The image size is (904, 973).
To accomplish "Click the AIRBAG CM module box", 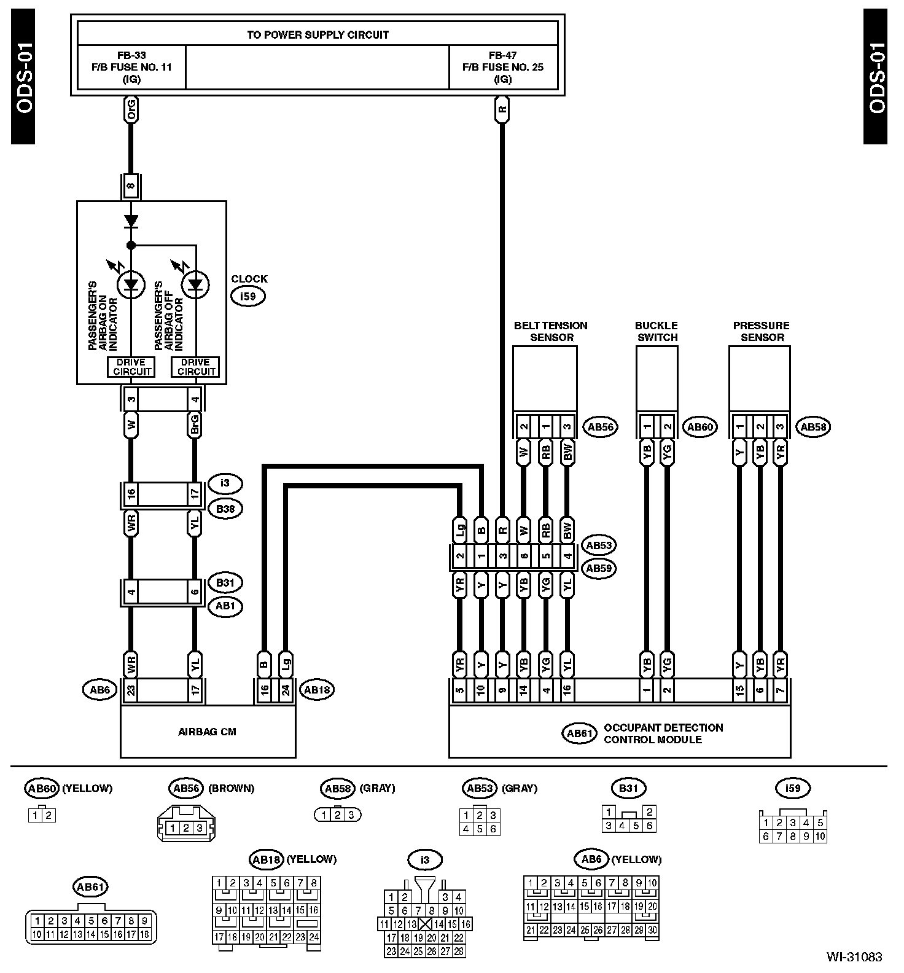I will coord(208,731).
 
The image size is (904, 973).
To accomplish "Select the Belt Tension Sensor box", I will coord(545,378).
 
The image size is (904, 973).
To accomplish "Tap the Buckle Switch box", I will coord(657,378).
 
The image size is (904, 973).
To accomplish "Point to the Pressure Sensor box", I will coord(759,378).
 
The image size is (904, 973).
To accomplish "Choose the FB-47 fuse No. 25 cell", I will coord(503,67).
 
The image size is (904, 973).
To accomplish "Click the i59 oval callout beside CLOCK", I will coord(247,297).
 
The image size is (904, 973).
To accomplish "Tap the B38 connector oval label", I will coord(225,509).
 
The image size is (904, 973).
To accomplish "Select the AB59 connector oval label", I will coord(599,568).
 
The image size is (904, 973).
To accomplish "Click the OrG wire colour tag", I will coord(131,111).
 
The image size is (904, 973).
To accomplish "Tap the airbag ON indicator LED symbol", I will coord(131,284).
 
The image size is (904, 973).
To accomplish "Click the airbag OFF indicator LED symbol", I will coord(195,284).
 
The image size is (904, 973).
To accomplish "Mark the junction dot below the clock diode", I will coord(131,246).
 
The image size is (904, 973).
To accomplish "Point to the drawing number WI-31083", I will coord(854,956).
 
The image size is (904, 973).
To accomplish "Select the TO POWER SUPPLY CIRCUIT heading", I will coord(318,34).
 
